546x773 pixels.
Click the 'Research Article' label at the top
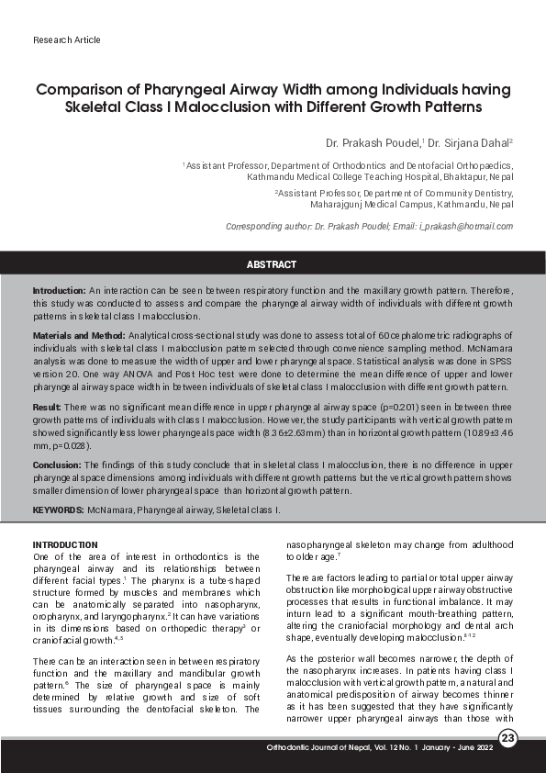[66, 40]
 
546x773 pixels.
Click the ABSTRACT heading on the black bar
[272, 264]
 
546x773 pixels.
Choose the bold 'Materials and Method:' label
[79, 337]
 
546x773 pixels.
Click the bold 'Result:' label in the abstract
[47, 406]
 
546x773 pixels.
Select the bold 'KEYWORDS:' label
[59, 509]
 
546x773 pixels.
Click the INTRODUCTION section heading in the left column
[65, 544]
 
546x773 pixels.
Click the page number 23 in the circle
[509, 740]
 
